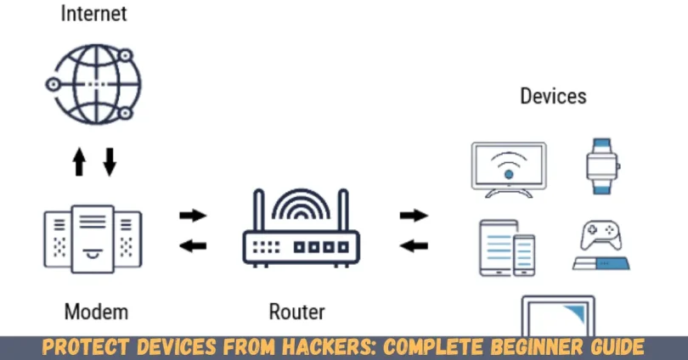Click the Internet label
point(93,14)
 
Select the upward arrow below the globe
point(80,160)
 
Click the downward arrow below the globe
point(109,160)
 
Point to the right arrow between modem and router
point(193,216)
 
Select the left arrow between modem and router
point(193,245)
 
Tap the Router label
point(296,312)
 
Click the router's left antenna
point(259,211)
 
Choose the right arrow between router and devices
point(414,216)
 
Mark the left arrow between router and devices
point(414,245)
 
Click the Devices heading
point(553,95)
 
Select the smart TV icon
point(508,169)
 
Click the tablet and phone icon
point(507,247)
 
